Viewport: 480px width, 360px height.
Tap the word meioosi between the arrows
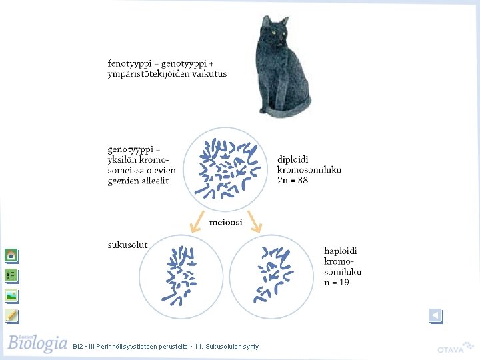(x=226, y=223)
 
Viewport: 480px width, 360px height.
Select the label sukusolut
(x=128, y=245)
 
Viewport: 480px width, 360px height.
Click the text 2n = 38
(x=293, y=181)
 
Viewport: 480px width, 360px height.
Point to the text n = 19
(x=337, y=282)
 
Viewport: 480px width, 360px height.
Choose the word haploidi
(x=341, y=251)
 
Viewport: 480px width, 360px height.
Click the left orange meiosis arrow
(x=196, y=221)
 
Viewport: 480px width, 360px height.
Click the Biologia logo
(x=37, y=343)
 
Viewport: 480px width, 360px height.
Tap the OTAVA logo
(x=454, y=349)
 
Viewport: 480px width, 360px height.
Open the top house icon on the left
(x=11, y=255)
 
